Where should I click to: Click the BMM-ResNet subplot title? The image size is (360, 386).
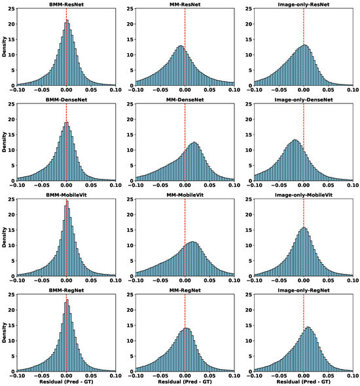coord(66,4)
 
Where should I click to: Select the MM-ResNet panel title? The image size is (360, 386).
coord(185,4)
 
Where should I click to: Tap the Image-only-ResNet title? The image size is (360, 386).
coord(304,4)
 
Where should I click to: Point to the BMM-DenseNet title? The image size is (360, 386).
coord(66,100)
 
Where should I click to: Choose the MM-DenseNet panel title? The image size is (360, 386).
coord(185,100)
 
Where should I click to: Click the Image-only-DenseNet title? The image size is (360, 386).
coord(304,100)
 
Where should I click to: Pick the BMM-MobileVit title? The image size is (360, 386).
coord(66,195)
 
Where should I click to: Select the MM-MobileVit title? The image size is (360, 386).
coord(185,195)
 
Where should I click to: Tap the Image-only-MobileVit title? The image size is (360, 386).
coord(304,195)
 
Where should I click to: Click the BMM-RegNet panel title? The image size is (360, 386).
coord(66,290)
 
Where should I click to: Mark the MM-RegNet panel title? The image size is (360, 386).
coord(185,290)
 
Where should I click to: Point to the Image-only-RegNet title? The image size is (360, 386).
coord(304,290)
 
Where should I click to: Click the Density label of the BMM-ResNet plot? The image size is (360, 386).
coord(4,47)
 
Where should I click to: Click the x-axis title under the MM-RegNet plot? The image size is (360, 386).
coord(185,381)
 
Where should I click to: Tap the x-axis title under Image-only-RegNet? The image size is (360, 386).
coord(304,381)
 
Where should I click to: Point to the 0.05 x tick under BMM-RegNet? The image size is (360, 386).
coord(91,374)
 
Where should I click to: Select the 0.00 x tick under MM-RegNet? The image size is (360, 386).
coord(185,374)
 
